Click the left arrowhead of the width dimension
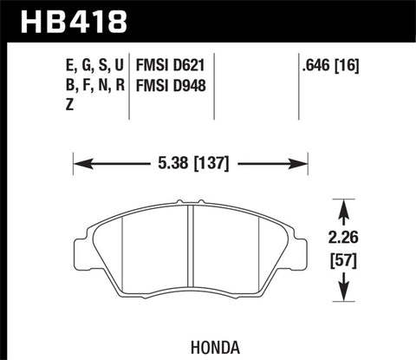[x=79, y=160]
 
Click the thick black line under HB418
[x=208, y=40]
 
